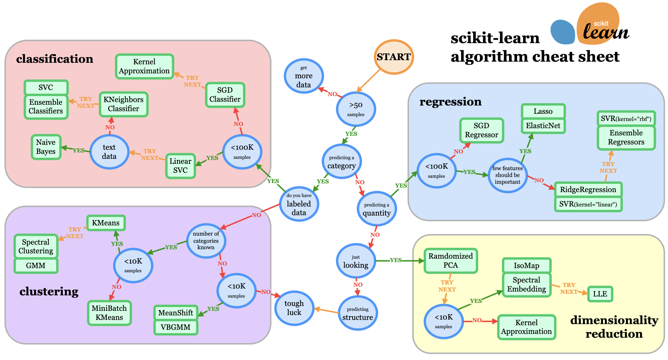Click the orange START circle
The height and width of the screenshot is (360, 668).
pyautogui.click(x=394, y=57)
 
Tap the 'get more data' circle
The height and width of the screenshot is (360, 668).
pyautogui.click(x=304, y=76)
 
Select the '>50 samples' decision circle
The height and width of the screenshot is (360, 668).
pyautogui.click(x=356, y=109)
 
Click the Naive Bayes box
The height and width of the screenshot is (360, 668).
pyautogui.click(x=46, y=147)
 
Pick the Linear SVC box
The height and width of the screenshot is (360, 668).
pyautogui.click(x=180, y=166)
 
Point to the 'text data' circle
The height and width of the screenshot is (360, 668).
pyautogui.click(x=109, y=152)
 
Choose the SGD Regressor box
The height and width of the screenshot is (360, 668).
pyautogui.click(x=481, y=130)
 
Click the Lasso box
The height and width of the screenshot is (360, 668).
pyautogui.click(x=543, y=111)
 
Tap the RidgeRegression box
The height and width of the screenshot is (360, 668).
pyautogui.click(x=588, y=189)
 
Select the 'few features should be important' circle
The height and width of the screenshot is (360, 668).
pyautogui.click(x=508, y=175)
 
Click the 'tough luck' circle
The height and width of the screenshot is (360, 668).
pyautogui.click(x=294, y=308)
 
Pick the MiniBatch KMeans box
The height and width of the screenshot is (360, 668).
pyautogui.click(x=109, y=313)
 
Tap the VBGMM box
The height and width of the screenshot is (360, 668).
pyautogui.click(x=176, y=327)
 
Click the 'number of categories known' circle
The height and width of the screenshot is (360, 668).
pyautogui.click(x=206, y=241)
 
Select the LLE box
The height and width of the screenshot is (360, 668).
pyautogui.click(x=600, y=294)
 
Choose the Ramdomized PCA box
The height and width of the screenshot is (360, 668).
pyautogui.click(x=451, y=261)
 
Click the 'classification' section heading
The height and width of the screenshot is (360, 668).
pyautogui.click(x=54, y=59)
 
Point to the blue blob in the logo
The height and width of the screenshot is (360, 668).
pyautogui.click(x=562, y=32)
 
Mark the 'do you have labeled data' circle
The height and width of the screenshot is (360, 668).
pyautogui.click(x=299, y=204)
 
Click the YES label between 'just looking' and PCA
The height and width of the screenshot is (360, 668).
pyautogui.click(x=396, y=260)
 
